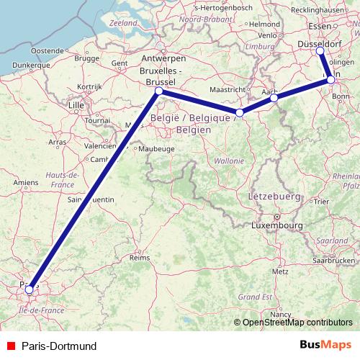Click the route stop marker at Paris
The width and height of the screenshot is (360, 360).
tap(30, 290)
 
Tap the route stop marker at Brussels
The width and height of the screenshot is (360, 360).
tap(158, 91)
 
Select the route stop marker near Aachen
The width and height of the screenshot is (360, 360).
tap(274, 98)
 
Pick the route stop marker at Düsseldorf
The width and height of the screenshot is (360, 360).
tap(320, 51)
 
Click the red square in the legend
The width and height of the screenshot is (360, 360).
tap(10, 346)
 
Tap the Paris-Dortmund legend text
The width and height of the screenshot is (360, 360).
tap(58, 346)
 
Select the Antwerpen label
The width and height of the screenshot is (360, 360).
tap(162, 58)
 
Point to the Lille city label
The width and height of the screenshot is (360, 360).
tap(76, 105)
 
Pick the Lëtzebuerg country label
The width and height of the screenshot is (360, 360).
tap(274, 196)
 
